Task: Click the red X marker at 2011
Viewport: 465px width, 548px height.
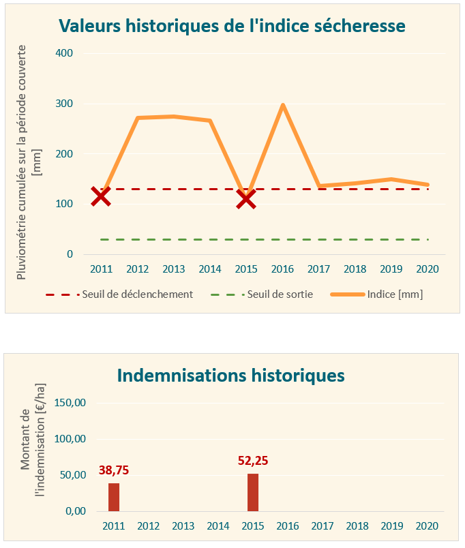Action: pos(101,196)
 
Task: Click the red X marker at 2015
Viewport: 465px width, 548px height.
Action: pos(246,198)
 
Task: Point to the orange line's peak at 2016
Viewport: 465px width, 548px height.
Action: pos(282,105)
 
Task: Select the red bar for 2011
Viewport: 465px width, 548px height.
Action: pos(114,497)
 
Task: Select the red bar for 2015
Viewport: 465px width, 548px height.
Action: pos(253,492)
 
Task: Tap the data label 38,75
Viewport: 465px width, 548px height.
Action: pos(114,470)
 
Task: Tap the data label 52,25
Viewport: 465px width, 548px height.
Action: pos(253,461)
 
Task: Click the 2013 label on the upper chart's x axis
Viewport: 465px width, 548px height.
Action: pos(174,269)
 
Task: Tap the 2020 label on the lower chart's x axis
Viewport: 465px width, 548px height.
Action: pos(427,526)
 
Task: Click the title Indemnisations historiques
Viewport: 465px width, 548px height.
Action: pos(231,376)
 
